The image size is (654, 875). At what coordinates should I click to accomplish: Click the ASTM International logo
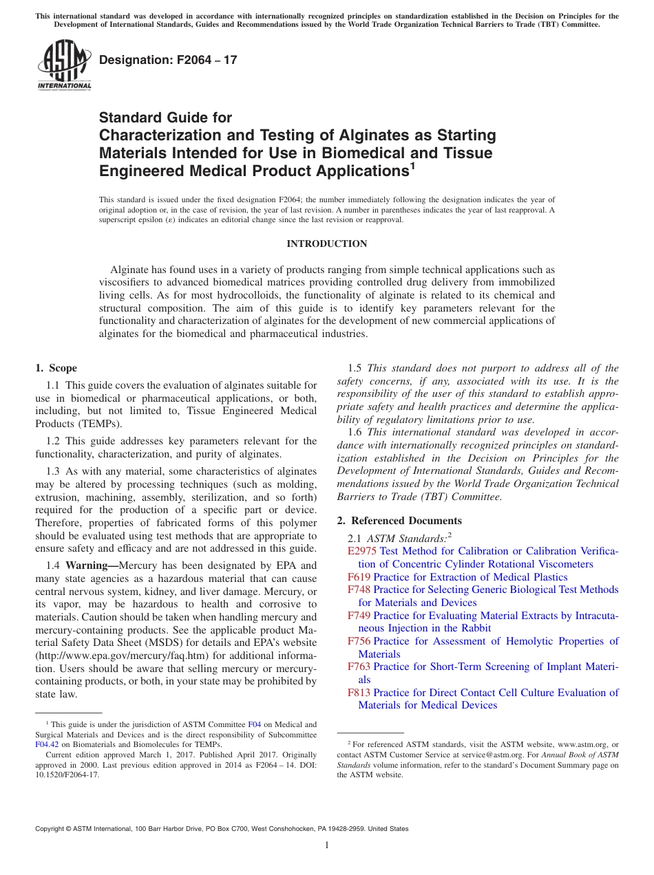pyautogui.click(x=64, y=65)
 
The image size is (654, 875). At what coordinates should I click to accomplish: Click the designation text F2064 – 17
pyautogui.click(x=168, y=60)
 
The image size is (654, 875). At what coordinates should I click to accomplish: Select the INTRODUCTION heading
pyautogui.click(x=326, y=244)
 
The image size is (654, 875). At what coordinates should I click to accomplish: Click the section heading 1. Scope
pyautogui.click(x=56, y=368)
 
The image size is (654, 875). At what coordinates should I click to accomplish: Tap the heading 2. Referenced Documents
pyautogui.click(x=399, y=520)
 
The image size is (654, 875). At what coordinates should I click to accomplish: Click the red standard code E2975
pyautogui.click(x=362, y=551)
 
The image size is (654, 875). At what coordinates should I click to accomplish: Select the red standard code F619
pyautogui.click(x=359, y=577)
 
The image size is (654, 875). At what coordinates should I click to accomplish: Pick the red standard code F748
pyautogui.click(x=359, y=590)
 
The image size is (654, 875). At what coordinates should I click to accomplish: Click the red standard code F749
pyautogui.click(x=359, y=616)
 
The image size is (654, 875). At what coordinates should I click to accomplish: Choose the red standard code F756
pyautogui.click(x=359, y=641)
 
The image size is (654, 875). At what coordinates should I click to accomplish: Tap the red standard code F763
pyautogui.click(x=359, y=667)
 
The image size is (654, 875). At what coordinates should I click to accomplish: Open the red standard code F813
pyautogui.click(x=359, y=693)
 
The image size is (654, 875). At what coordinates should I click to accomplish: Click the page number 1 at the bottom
pyautogui.click(x=327, y=845)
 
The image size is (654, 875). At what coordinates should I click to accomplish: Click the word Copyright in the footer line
pyautogui.click(x=53, y=829)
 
